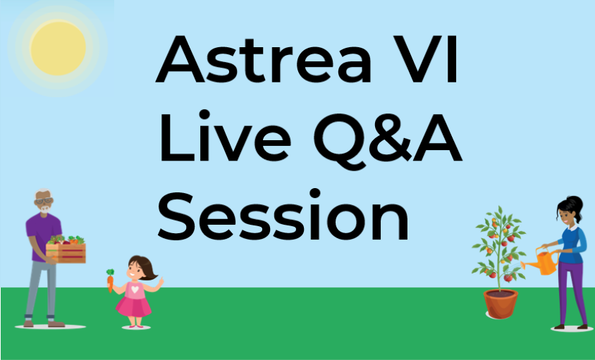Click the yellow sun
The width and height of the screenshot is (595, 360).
(x=58, y=48)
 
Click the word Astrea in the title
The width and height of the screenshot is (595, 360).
(x=264, y=58)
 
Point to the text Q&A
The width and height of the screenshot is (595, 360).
(x=388, y=140)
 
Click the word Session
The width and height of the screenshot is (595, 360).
(x=283, y=215)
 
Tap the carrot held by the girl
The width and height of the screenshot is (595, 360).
(x=110, y=280)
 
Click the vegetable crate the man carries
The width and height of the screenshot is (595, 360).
(x=66, y=249)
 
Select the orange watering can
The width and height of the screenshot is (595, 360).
(x=541, y=261)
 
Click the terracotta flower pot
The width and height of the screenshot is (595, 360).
(x=501, y=304)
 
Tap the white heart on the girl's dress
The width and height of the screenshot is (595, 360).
(x=135, y=289)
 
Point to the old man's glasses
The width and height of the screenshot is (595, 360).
(x=44, y=201)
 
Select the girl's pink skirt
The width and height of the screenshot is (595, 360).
(x=133, y=306)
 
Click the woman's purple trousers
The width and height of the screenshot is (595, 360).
(x=572, y=292)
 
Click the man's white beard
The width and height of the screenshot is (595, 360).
(x=45, y=209)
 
